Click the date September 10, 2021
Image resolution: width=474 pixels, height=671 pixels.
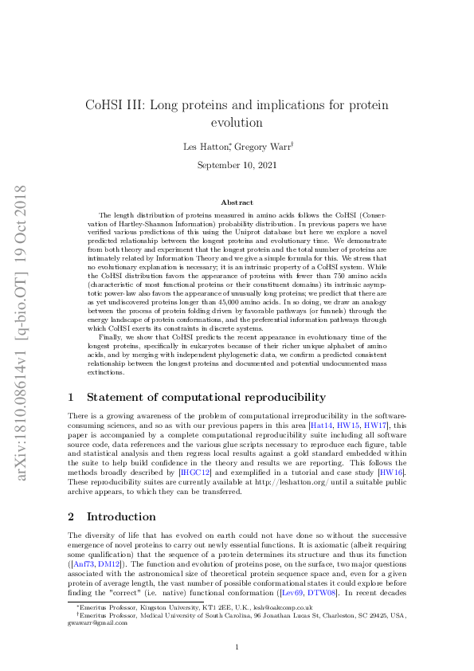(237, 165)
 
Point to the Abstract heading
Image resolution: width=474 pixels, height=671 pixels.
(237, 203)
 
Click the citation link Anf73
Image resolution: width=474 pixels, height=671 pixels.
(82, 542)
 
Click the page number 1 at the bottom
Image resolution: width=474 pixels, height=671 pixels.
(237, 647)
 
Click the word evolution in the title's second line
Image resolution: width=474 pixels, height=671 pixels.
(237, 124)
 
